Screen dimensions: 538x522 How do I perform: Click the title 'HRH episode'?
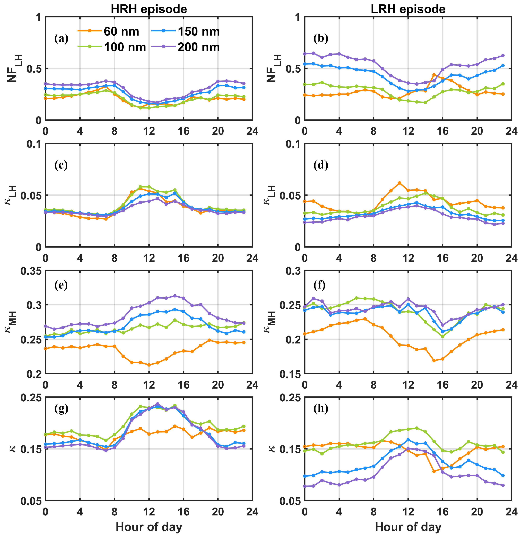tap(149, 9)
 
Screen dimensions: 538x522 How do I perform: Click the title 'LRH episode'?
tap(408, 9)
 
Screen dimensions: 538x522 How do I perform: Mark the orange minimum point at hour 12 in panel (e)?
tap(149, 365)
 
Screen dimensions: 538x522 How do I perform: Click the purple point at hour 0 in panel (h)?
tap(305, 486)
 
